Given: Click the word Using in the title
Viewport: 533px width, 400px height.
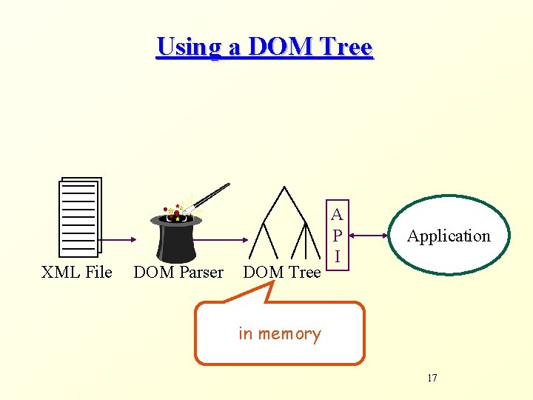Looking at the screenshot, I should coord(188,47).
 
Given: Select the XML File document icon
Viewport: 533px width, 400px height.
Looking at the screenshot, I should coord(80,216).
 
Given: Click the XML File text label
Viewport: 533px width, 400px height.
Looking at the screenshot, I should coord(77,273).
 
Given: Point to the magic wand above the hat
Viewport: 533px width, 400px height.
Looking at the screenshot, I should coord(210,196).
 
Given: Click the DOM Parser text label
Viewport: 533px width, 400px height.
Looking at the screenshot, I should coord(178,273).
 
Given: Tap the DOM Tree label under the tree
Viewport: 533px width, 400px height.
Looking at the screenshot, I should coord(281,273).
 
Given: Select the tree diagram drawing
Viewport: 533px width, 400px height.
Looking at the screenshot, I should coord(285,222).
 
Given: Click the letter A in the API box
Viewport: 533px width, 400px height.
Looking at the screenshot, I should coord(337,216).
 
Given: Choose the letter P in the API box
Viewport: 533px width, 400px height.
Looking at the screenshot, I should coord(337,236).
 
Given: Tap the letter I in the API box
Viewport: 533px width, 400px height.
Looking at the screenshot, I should coord(337,256).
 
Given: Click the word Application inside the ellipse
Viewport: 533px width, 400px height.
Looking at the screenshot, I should coord(449,236).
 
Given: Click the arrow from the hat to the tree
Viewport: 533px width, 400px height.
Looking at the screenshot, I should coord(226,239).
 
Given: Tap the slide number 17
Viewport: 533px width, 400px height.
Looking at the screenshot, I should coord(432,379).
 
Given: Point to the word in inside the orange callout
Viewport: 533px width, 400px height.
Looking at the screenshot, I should coord(246,334).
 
